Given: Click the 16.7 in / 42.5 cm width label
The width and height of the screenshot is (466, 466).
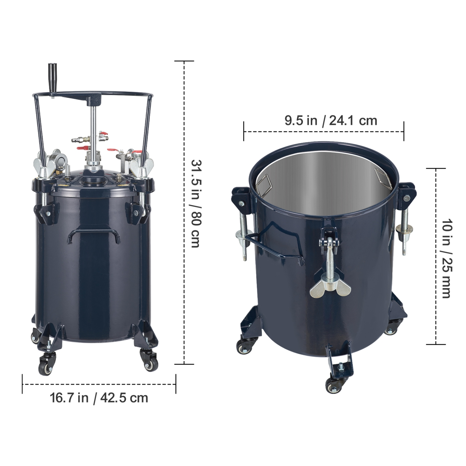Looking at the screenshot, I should click(x=99, y=398).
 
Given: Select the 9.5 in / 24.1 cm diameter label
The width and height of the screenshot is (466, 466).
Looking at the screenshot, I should click(x=331, y=121).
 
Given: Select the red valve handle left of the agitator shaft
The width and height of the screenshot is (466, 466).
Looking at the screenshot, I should click(x=83, y=149).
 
